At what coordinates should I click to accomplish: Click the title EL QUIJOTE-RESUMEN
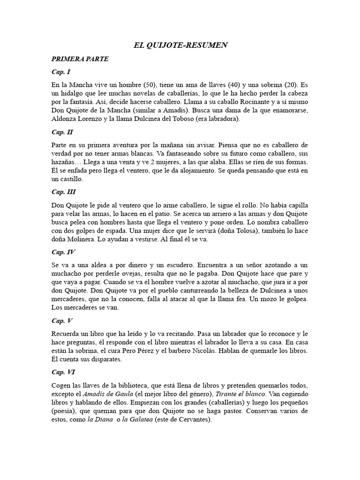[x=180, y=45]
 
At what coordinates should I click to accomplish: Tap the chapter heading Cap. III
[x=63, y=192]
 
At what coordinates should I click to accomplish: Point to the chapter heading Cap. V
[x=61, y=321]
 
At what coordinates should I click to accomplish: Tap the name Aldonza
[x=65, y=119]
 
